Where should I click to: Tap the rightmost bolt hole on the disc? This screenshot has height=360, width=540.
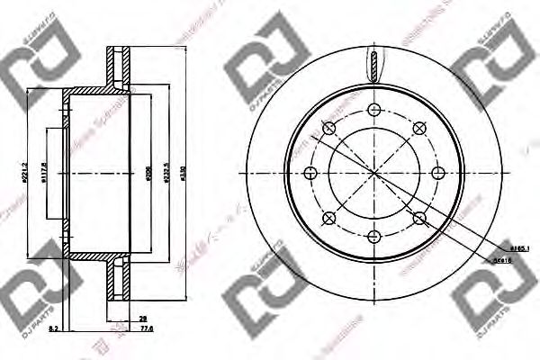(437, 172)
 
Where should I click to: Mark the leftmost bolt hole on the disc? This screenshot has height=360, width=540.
(310, 172)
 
